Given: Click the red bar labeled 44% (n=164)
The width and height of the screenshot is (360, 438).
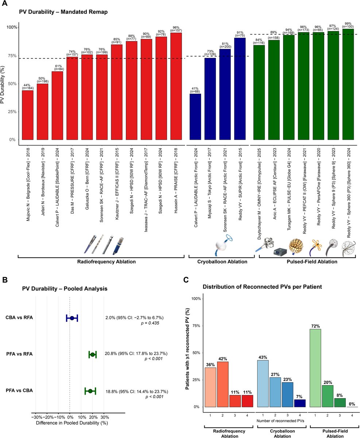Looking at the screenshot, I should point(28,115).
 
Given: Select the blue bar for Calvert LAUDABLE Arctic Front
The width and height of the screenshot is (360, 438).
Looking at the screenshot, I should point(195,117).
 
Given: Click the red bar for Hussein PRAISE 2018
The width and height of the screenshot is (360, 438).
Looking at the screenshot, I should point(176,86).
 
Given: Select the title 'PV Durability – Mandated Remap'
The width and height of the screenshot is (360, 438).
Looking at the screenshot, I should point(63,12).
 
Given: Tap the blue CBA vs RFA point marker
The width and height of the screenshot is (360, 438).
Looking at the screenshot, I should point(72,318).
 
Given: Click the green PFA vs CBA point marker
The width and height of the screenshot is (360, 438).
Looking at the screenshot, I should point(90,391).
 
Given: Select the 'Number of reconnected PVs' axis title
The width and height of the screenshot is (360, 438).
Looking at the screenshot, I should point(280,421).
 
